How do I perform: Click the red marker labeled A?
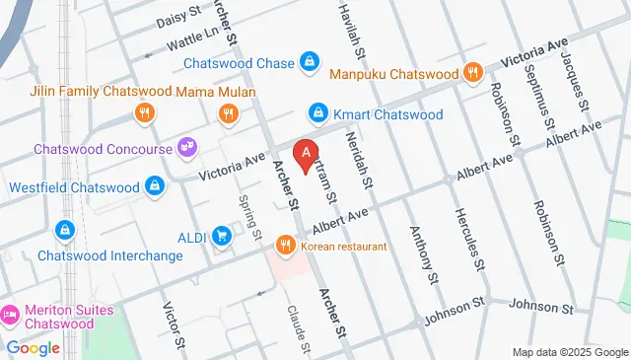(307, 155)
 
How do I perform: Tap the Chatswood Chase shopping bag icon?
(310, 62)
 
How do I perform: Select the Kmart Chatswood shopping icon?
(317, 113)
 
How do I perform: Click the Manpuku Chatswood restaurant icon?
(474, 73)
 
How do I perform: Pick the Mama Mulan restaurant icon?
(228, 113)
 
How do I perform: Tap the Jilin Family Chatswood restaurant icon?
(144, 113)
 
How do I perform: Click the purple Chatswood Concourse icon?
(184, 148)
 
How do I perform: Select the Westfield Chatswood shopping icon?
(155, 185)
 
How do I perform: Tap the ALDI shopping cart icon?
(223, 235)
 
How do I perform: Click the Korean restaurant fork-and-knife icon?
(286, 244)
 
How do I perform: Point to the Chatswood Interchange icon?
(65, 230)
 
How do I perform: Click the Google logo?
(33, 347)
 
